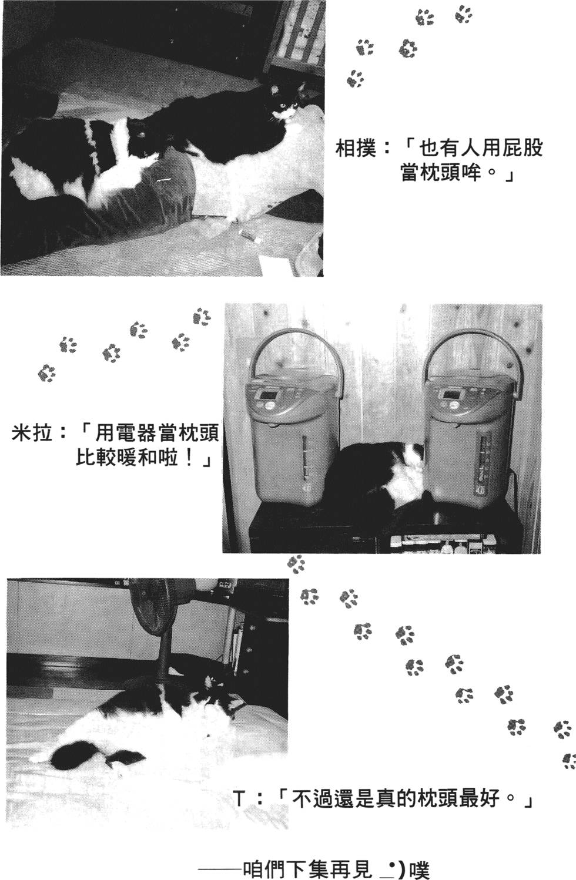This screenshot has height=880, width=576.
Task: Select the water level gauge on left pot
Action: click(304, 458)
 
